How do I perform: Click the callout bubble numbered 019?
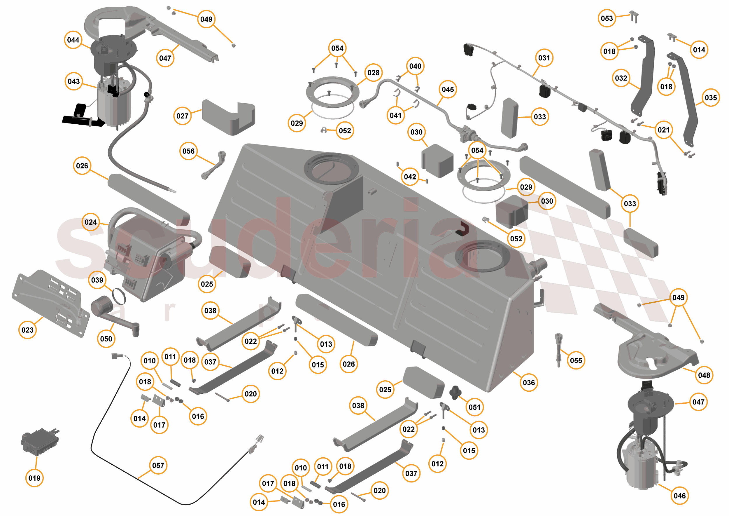click(x=34, y=478)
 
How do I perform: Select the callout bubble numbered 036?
click(x=529, y=383)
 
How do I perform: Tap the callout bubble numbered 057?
click(x=158, y=466)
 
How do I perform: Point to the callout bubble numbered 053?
click(x=607, y=18)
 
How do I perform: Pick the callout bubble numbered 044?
click(x=73, y=40)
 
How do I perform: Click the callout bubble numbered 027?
click(x=183, y=116)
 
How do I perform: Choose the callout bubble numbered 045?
click(x=448, y=89)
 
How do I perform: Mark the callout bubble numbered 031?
click(x=544, y=58)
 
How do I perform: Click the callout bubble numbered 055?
click(x=576, y=360)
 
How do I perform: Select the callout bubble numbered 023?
click(x=28, y=330)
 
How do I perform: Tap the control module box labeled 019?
click(x=40, y=441)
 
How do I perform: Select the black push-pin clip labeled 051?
click(x=455, y=393)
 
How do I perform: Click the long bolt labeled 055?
click(x=558, y=350)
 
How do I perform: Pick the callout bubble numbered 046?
click(x=679, y=496)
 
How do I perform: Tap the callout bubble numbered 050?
click(x=106, y=339)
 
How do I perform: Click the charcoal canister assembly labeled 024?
click(x=146, y=257)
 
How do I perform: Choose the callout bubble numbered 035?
click(x=711, y=97)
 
